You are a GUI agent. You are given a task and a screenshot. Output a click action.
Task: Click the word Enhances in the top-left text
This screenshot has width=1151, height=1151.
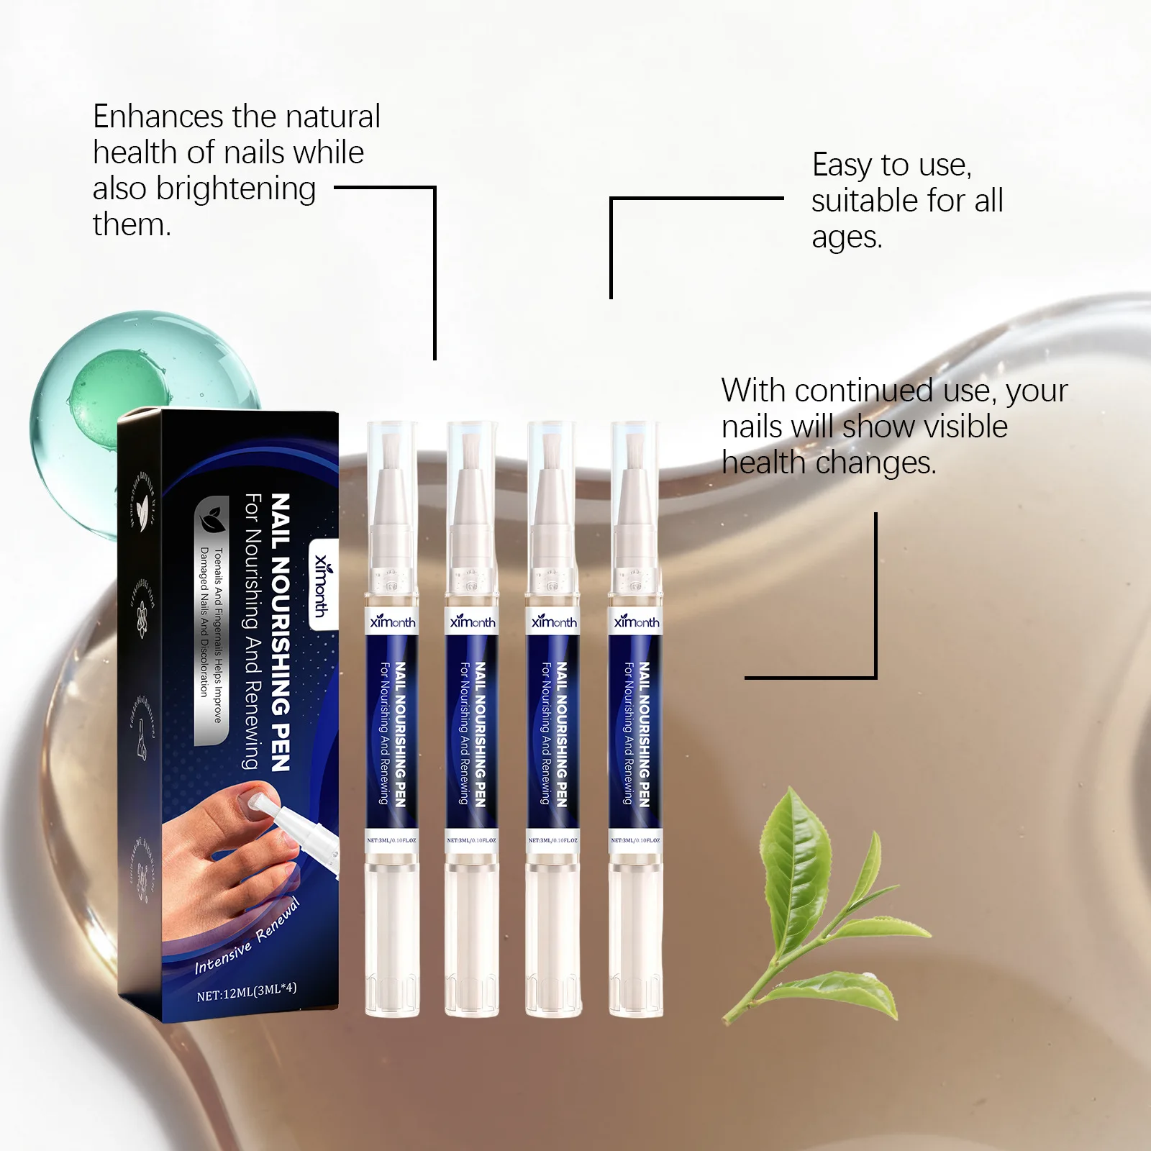coord(158,117)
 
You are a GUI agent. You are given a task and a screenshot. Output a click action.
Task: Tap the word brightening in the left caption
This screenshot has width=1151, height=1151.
coord(236,188)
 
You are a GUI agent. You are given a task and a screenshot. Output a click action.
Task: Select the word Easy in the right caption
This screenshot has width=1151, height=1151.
coord(842,165)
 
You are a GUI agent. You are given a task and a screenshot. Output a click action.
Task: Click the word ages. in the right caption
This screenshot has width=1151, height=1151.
coord(847,237)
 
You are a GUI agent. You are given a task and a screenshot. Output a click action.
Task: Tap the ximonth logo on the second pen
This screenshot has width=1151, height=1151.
coord(473,622)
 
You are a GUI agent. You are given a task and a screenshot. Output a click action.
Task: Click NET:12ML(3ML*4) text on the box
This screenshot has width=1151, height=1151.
coord(246,992)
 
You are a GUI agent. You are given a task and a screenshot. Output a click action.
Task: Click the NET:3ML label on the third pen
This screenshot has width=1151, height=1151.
coord(552,840)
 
